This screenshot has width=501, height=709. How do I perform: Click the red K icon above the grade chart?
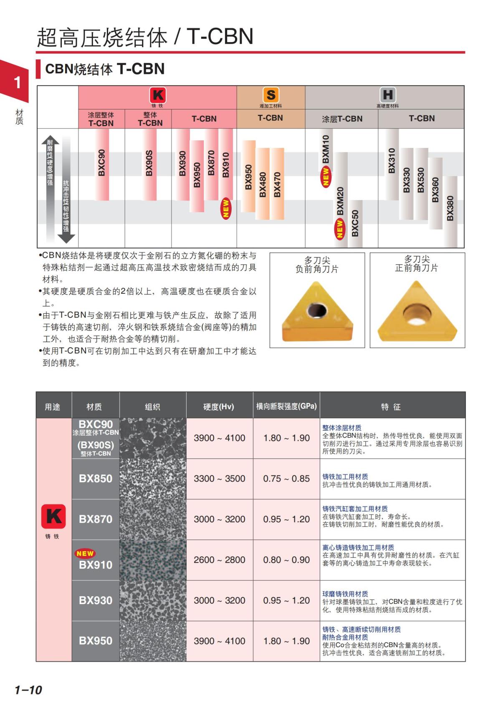[x=157, y=95]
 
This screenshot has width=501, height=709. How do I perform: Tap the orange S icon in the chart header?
[x=271, y=95]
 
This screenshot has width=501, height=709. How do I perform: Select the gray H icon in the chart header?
[x=387, y=95]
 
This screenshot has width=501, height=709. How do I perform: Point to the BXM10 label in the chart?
[x=326, y=149]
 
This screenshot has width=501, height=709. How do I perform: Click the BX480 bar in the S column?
[x=263, y=184]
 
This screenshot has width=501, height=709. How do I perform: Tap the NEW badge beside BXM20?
[x=340, y=229]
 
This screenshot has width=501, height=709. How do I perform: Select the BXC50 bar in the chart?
[x=355, y=223]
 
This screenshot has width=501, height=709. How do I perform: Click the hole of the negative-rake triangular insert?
[x=316, y=310]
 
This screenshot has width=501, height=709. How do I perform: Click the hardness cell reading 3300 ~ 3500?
[x=219, y=478]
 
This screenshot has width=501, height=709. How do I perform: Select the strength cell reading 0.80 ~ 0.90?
[x=286, y=559]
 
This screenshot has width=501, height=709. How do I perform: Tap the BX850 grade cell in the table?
[x=96, y=478]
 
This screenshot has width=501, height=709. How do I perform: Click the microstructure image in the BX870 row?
[x=153, y=519]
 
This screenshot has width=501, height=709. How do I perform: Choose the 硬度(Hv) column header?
[x=219, y=407]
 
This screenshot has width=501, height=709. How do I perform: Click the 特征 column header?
[x=392, y=407]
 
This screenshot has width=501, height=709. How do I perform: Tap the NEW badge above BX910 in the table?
[x=85, y=553]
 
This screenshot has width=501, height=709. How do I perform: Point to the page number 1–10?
[x=28, y=690]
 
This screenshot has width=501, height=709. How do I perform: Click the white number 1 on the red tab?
[x=17, y=82]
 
